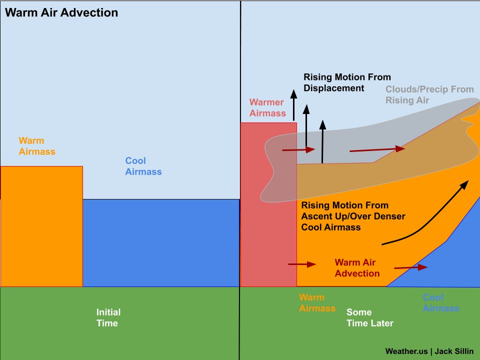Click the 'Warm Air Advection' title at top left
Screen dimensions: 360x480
click(x=61, y=12)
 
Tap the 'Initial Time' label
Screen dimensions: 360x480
click(x=108, y=317)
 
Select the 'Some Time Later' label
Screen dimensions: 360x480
click(x=369, y=317)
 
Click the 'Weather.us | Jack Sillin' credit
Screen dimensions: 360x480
click(x=429, y=351)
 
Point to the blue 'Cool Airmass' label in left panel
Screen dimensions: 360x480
click(x=143, y=166)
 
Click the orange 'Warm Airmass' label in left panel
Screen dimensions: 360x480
click(x=36, y=145)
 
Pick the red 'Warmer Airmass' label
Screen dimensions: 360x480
click(x=267, y=108)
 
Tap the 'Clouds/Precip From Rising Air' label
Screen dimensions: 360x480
click(x=429, y=94)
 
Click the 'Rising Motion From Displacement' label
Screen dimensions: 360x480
click(x=347, y=82)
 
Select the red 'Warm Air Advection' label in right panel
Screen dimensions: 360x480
click(x=357, y=268)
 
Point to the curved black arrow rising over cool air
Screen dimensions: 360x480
click(x=425, y=215)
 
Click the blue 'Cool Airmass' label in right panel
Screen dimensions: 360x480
click(x=440, y=303)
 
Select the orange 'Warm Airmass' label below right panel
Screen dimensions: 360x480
click(x=317, y=303)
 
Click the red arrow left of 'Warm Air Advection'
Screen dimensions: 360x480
click(x=302, y=264)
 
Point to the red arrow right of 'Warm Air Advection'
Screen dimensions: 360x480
click(x=410, y=267)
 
